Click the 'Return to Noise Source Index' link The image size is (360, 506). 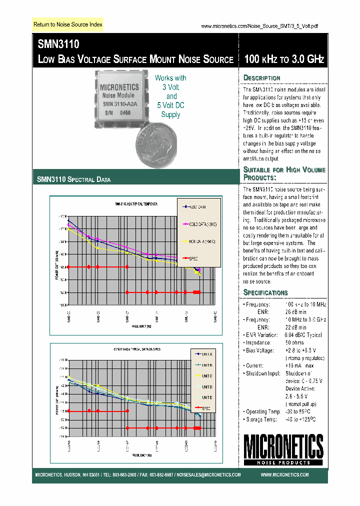(67, 24)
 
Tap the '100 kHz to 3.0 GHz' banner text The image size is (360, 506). (283, 59)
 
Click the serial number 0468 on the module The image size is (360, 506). (125, 113)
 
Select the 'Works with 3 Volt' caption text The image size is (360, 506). (171, 82)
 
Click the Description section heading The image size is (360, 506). (261, 78)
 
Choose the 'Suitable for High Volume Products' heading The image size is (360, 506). (283, 173)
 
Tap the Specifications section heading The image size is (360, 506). (265, 292)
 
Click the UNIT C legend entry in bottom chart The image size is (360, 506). (206, 375)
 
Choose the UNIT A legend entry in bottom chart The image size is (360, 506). (206, 354)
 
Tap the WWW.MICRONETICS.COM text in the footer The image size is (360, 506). (284, 475)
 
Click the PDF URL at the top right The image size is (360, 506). (259, 26)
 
